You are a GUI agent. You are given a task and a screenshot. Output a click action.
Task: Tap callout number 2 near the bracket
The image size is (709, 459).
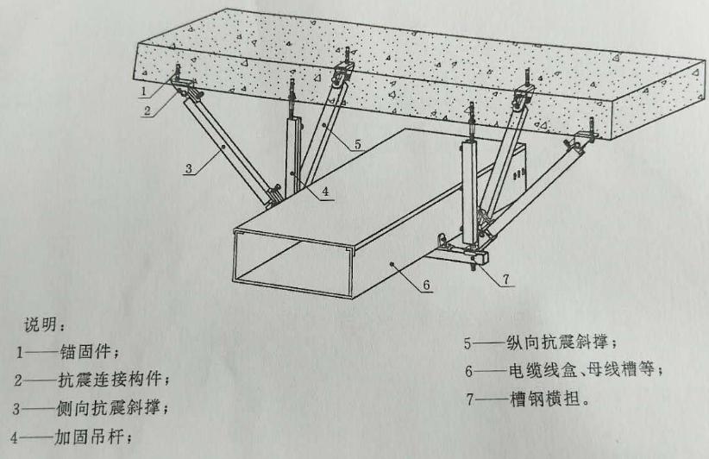(x=148, y=110)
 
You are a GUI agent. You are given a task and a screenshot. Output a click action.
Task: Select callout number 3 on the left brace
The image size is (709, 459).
(x=188, y=170)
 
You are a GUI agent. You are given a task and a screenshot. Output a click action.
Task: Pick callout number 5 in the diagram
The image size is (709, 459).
(x=357, y=145)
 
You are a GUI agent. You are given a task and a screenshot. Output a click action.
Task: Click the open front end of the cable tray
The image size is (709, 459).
(x=293, y=259)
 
